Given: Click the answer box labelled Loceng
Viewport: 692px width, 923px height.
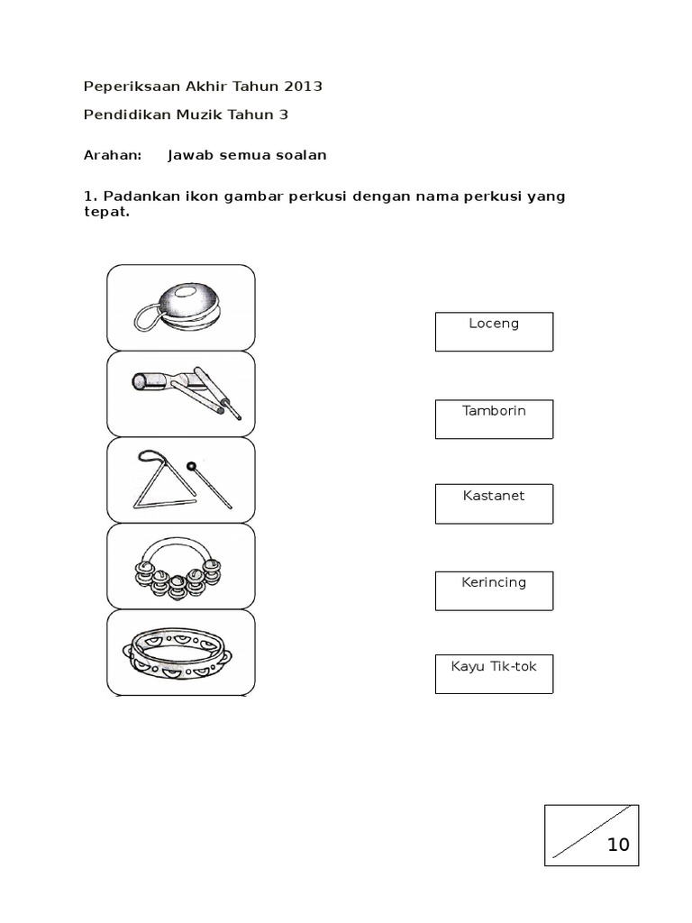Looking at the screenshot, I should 494,332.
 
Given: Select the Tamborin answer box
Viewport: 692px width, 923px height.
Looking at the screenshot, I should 494,419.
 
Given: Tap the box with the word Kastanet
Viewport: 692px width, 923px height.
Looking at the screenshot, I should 494,504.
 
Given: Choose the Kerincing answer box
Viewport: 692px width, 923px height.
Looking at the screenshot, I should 494,590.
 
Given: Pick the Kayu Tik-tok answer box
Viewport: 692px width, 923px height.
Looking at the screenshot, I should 494,674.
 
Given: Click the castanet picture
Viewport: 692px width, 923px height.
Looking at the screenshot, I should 181,307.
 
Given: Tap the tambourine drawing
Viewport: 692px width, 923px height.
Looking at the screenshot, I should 179,653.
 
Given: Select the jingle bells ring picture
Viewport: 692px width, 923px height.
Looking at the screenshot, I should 178,568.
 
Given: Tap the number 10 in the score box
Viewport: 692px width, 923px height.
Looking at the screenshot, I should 618,845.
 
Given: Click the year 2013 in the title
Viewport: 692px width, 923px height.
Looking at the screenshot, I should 303,87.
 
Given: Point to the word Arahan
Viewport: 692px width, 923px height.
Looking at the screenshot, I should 113,155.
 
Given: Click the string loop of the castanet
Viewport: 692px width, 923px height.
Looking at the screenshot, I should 146,315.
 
